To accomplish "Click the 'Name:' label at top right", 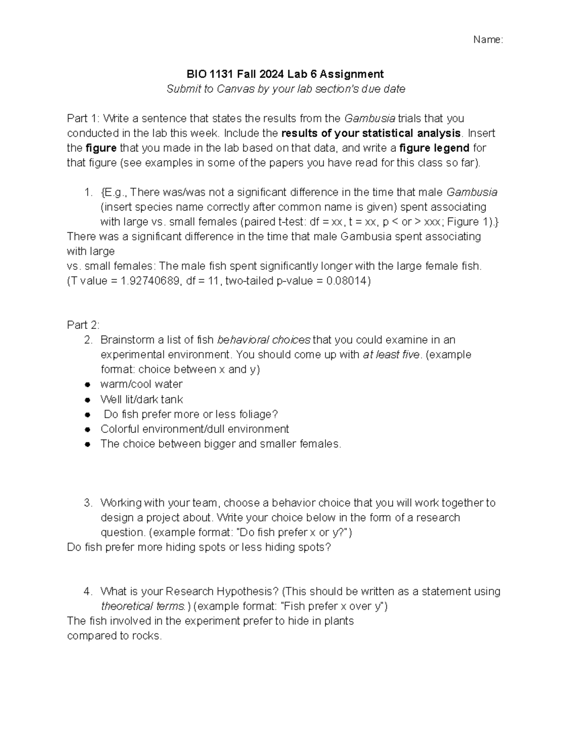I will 488,40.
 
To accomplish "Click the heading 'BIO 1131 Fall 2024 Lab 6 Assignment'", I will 285,74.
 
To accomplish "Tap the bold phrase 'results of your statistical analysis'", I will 371,133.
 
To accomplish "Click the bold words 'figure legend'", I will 434,148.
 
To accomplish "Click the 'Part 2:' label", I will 83,325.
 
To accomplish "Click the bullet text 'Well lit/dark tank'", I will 141,399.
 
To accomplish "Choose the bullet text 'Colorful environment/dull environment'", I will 195,429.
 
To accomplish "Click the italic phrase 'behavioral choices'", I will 264,340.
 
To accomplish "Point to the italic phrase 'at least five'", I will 392,355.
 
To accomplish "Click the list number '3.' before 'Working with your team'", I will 88,503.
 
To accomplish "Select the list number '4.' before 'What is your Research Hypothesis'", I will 88,592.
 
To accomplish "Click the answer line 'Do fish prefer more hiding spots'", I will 198,547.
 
